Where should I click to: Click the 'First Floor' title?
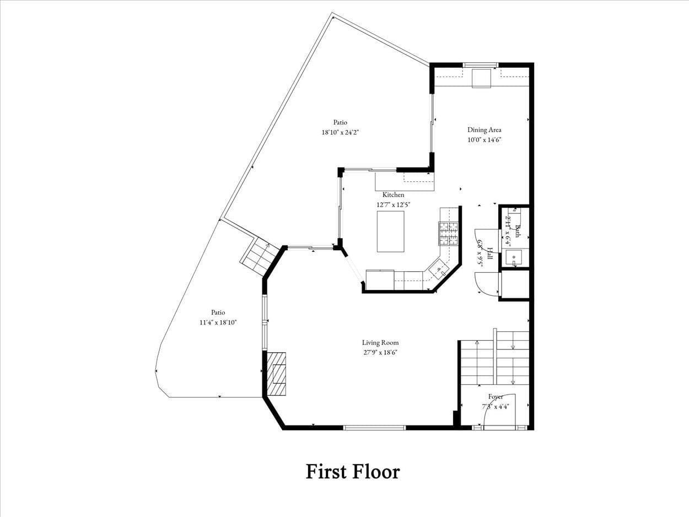pos(353,472)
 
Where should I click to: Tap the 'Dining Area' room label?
pos(484,130)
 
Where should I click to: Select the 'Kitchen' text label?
pos(393,195)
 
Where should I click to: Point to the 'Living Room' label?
pos(380,342)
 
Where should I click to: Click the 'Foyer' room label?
pos(495,396)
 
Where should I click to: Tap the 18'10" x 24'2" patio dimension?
pos(340,132)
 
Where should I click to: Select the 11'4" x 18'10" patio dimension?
pos(218,322)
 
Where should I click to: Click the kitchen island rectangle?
pos(390,231)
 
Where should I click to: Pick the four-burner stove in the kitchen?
pos(448,233)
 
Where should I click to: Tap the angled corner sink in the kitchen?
pos(439,268)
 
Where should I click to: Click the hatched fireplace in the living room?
pos(277,374)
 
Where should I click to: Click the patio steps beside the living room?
pos(259,256)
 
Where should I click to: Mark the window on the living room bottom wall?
pos(374,427)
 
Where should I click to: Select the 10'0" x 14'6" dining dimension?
pos(484,140)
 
